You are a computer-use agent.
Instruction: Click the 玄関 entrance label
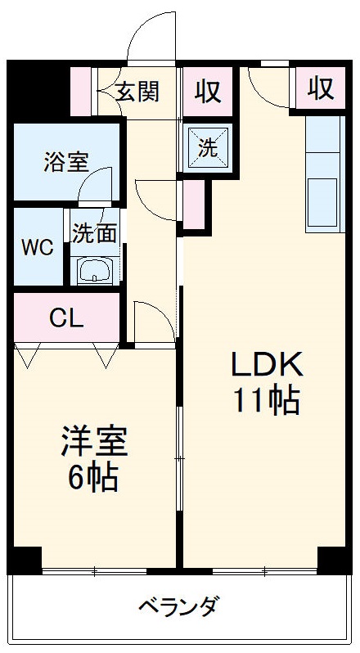[136, 92]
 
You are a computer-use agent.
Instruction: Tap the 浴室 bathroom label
[65, 161]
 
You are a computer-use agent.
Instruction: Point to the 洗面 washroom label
[94, 233]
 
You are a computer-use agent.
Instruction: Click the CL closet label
[66, 317]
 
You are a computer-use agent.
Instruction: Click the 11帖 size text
[265, 400]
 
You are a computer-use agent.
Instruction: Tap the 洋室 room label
[94, 443]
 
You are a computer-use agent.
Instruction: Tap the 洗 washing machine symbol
[208, 148]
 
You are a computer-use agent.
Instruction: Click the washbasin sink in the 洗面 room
[96, 269]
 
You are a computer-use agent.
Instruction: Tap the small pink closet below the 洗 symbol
[194, 205]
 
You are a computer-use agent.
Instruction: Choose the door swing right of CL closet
[153, 322]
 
